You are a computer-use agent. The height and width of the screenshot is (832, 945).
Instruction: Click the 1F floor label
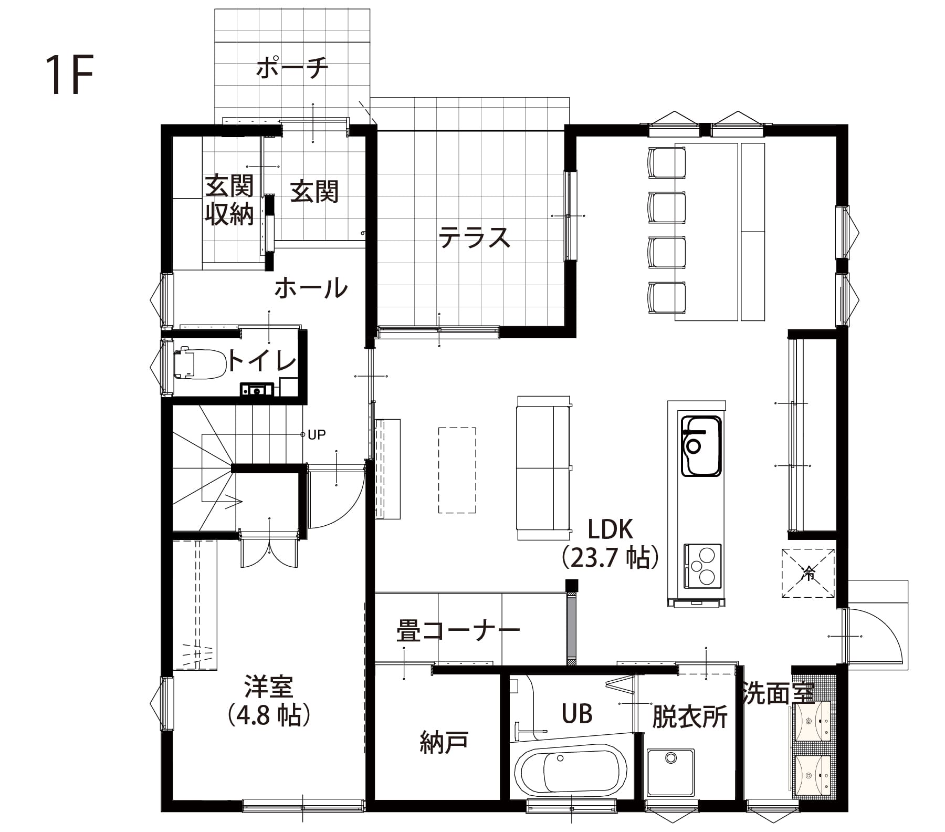69,74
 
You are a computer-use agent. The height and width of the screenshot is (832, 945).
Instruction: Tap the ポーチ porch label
292,68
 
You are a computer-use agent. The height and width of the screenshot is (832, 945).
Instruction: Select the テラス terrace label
474,237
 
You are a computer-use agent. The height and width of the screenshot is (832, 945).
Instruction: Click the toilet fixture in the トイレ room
200,363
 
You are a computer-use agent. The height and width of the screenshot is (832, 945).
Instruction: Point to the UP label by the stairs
317,434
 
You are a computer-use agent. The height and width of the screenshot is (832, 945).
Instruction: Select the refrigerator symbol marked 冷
808,573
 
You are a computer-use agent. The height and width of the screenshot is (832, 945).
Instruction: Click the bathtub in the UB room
571,775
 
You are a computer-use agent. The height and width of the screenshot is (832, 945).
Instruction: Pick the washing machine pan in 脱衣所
671,772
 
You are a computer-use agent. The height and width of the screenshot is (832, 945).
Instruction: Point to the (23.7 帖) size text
610,558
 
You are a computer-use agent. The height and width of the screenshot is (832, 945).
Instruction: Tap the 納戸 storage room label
444,743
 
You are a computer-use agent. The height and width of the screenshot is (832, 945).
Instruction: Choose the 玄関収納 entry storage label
229,200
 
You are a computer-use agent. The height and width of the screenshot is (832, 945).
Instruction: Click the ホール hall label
311,288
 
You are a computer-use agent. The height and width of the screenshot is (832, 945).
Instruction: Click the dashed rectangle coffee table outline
457,470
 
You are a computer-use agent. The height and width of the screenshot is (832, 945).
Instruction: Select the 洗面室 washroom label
778,693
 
